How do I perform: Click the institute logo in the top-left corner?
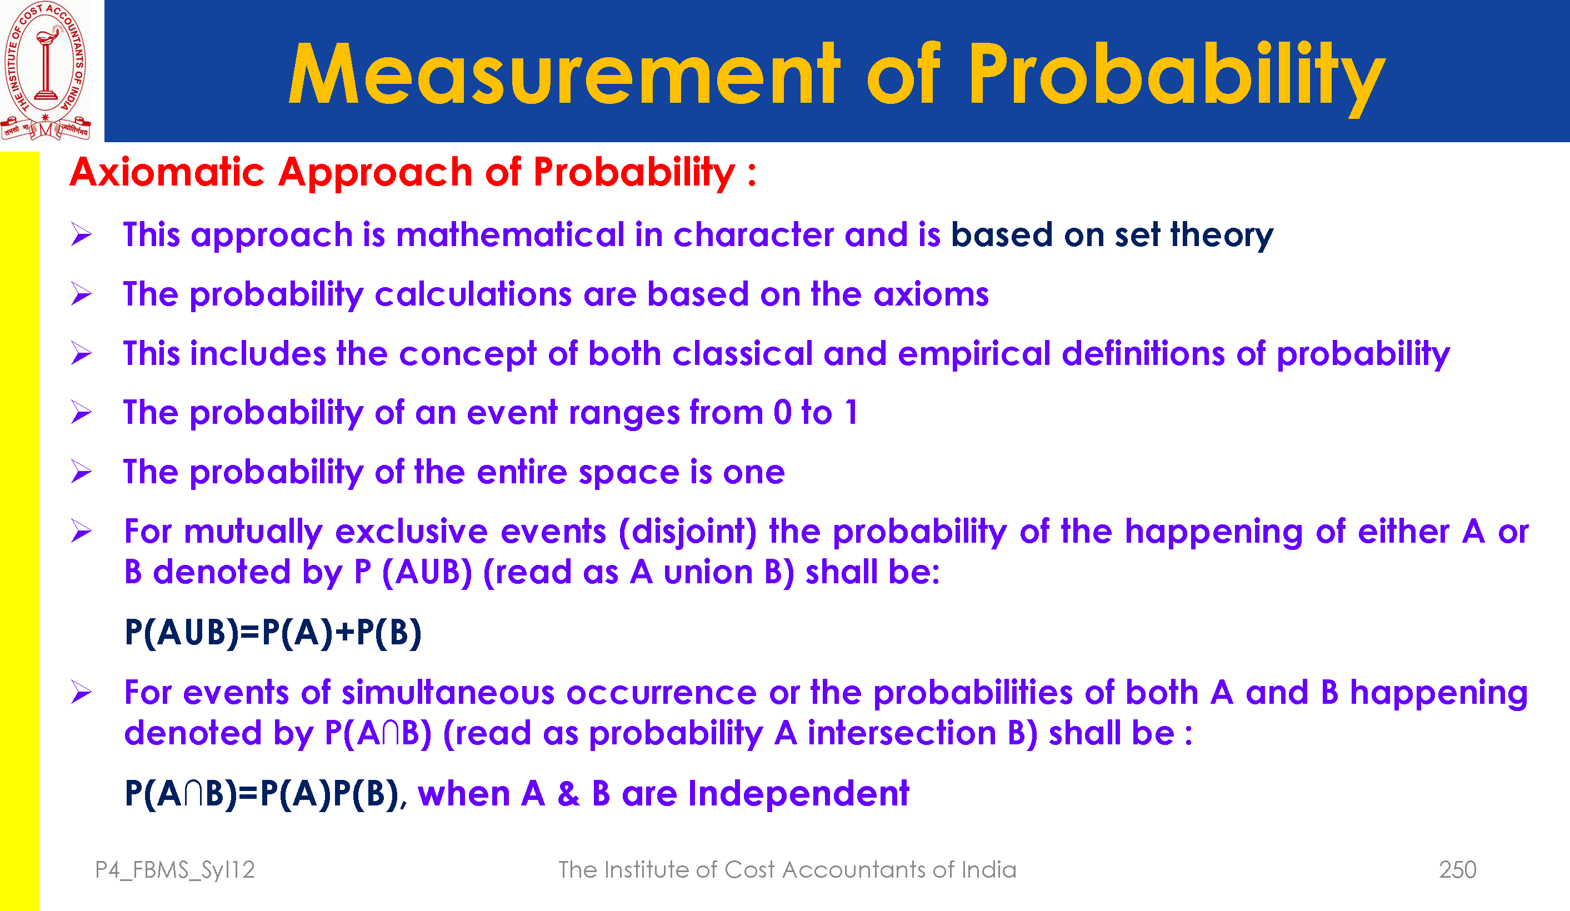pyautogui.click(x=46, y=71)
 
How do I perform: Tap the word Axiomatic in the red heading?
pyautogui.click(x=168, y=172)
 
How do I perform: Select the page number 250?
pyautogui.click(x=1457, y=869)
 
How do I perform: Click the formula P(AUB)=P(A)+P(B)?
pyautogui.click(x=273, y=633)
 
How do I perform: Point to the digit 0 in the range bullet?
pyautogui.click(x=783, y=413)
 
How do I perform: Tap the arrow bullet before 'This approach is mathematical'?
pyautogui.click(x=81, y=234)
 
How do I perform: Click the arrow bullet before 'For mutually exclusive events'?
pyautogui.click(x=81, y=531)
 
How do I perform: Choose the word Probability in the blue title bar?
pyautogui.click(x=1176, y=77)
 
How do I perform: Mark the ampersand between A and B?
pyautogui.click(x=568, y=794)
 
